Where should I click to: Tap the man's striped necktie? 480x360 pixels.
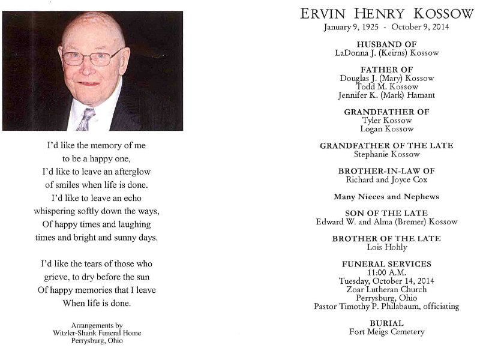coord(85,119)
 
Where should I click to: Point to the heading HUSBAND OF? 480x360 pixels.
coord(386,44)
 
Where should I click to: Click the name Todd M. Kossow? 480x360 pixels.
coord(387,86)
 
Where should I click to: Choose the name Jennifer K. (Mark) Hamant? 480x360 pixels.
coord(386,95)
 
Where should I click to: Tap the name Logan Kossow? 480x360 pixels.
coord(386,128)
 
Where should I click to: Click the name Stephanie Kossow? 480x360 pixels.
coord(386,154)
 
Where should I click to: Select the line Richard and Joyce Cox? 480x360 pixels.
coord(386,179)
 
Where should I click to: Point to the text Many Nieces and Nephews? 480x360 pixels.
coord(386,196)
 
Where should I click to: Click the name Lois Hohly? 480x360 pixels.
coord(386,247)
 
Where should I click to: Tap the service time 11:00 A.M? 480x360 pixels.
coord(386,272)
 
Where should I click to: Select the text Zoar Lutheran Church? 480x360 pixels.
coord(386,289)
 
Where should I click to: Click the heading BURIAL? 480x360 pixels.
coord(386,323)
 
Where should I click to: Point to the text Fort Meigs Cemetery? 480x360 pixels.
coord(386,332)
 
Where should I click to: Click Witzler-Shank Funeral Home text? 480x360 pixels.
coord(97,333)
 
